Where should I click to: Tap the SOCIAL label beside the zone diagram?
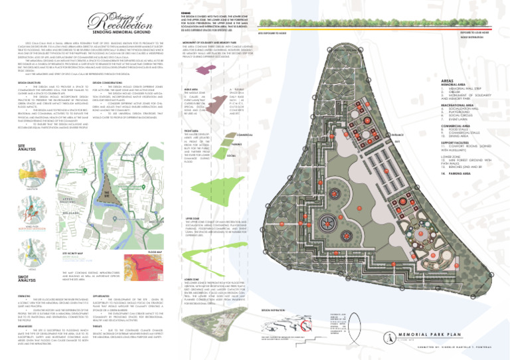(x=231, y=155)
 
